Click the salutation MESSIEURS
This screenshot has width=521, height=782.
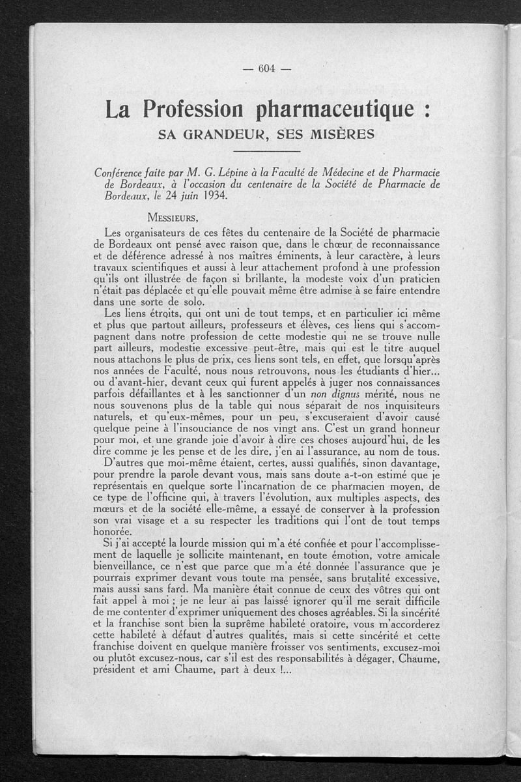tap(173, 217)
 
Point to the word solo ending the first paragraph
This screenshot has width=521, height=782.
tap(193, 302)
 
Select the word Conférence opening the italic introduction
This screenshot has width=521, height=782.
tap(123, 172)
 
